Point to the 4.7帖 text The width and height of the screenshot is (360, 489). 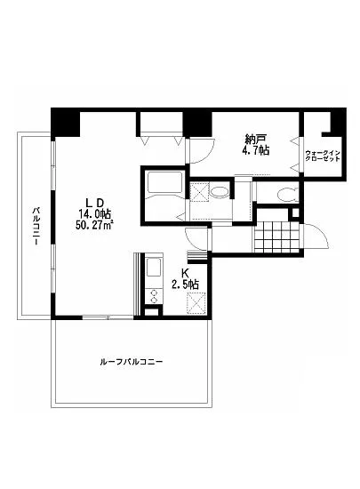click(257, 150)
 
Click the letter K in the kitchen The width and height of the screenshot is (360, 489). click(186, 273)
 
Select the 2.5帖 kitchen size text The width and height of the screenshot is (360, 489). click(186, 285)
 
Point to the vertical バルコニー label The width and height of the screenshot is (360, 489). click(36, 229)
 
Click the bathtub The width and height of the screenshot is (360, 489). click(164, 188)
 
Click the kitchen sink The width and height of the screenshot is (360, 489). click(150, 268)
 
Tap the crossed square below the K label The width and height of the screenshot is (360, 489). click(195, 304)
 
